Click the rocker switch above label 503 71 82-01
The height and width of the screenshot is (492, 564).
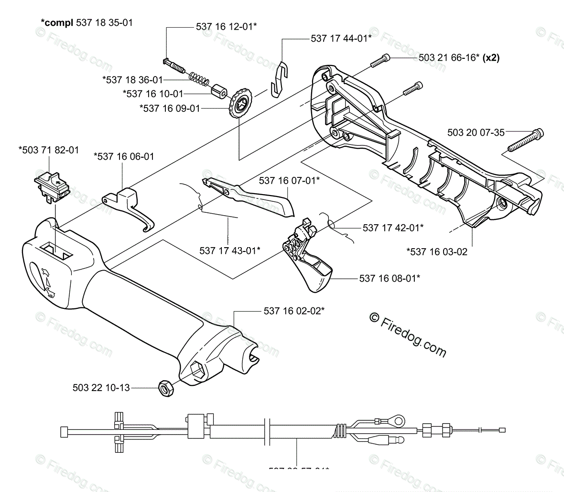pyautogui.click(x=52, y=185)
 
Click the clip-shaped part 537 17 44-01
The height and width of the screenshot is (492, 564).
pyautogui.click(x=280, y=76)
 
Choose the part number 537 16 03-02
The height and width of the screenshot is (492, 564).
pyautogui.click(x=436, y=251)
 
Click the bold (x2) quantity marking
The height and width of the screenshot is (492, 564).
pyautogui.click(x=491, y=57)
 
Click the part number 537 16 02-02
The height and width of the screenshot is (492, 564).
pyautogui.click(x=294, y=311)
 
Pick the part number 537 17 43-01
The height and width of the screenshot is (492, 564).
pyautogui.click(x=229, y=250)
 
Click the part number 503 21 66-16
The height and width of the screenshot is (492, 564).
pyautogui.click(x=449, y=57)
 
